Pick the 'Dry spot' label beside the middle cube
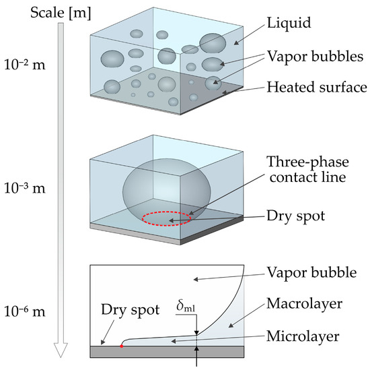pos(294,217)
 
